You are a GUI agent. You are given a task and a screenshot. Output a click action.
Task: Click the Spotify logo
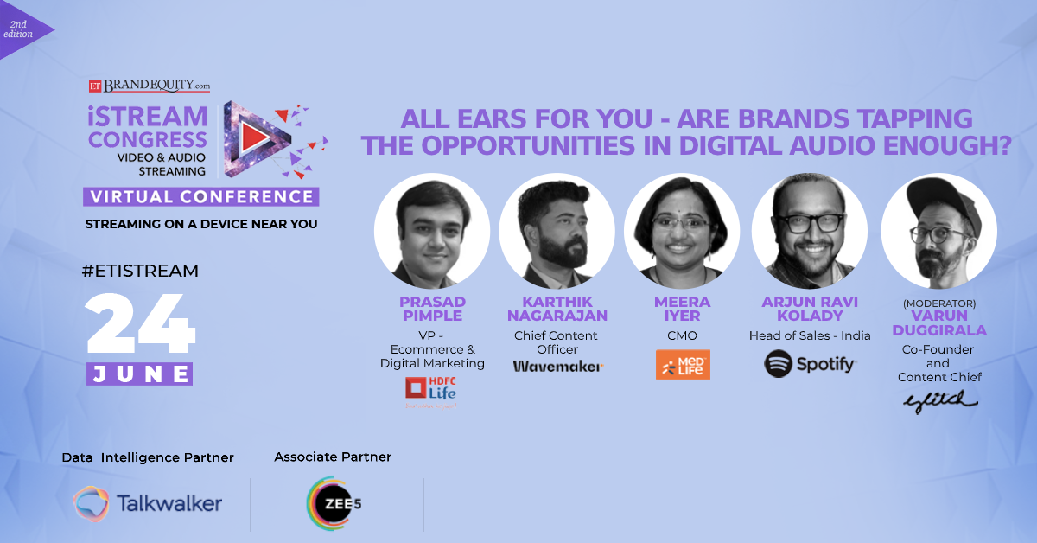[x=811, y=364]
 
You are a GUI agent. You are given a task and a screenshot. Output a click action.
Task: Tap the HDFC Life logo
[x=430, y=390]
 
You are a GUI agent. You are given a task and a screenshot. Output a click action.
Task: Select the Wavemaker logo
[x=558, y=366]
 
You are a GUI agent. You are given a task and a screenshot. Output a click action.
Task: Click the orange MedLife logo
[x=683, y=365]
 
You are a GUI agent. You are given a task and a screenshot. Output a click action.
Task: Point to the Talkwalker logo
[x=148, y=503]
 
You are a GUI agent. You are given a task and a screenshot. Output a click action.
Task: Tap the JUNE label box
[x=139, y=374]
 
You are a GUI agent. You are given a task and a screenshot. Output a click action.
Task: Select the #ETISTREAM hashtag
[x=140, y=271]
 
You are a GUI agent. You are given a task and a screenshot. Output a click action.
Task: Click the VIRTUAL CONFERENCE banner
[x=201, y=196]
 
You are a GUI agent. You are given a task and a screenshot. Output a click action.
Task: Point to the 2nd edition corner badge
[x=21, y=29]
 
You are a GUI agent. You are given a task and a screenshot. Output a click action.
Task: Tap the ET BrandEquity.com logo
[x=150, y=86]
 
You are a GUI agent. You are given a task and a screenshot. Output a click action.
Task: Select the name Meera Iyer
[x=683, y=309]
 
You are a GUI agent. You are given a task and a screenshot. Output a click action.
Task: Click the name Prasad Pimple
[x=431, y=309]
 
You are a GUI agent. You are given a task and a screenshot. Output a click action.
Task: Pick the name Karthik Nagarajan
[x=557, y=309]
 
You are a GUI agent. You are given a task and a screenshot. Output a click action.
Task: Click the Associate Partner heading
[x=333, y=457]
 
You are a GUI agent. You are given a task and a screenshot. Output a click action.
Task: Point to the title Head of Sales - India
[x=810, y=335]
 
